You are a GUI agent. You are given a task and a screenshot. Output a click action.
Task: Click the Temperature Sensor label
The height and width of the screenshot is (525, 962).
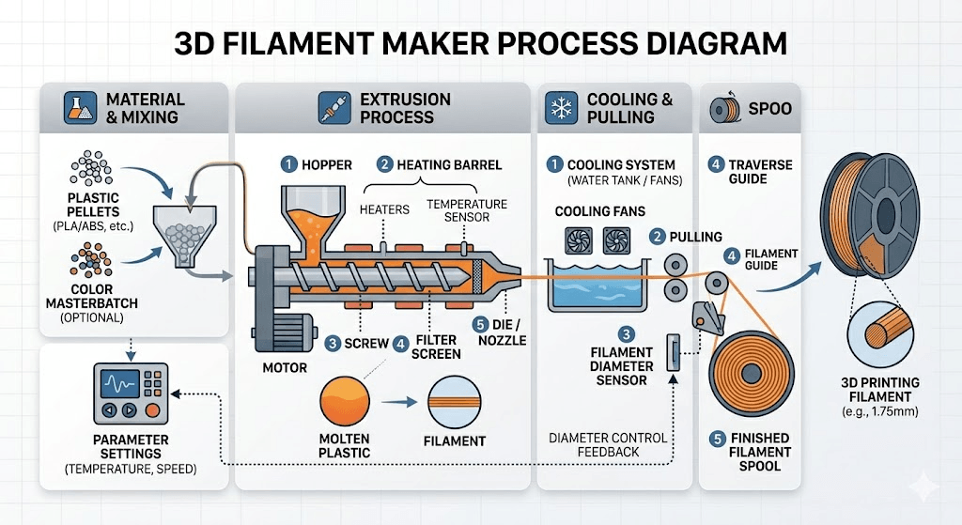pyautogui.click(x=467, y=210)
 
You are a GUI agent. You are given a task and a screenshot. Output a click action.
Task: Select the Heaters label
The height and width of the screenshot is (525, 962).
pyautogui.click(x=383, y=209)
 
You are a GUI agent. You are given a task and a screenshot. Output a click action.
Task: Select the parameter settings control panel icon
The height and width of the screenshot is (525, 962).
pyautogui.click(x=130, y=394)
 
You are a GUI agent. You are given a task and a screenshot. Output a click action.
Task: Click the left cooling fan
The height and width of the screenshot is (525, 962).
pyautogui.click(x=575, y=241)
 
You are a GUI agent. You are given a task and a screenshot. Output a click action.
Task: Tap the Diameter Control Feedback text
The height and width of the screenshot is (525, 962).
pyautogui.click(x=607, y=444)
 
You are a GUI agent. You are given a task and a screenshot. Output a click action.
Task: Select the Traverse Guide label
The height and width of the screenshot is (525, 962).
pyautogui.click(x=761, y=171)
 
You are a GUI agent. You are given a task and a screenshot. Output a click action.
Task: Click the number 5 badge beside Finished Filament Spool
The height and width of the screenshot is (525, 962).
pyautogui.click(x=717, y=438)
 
